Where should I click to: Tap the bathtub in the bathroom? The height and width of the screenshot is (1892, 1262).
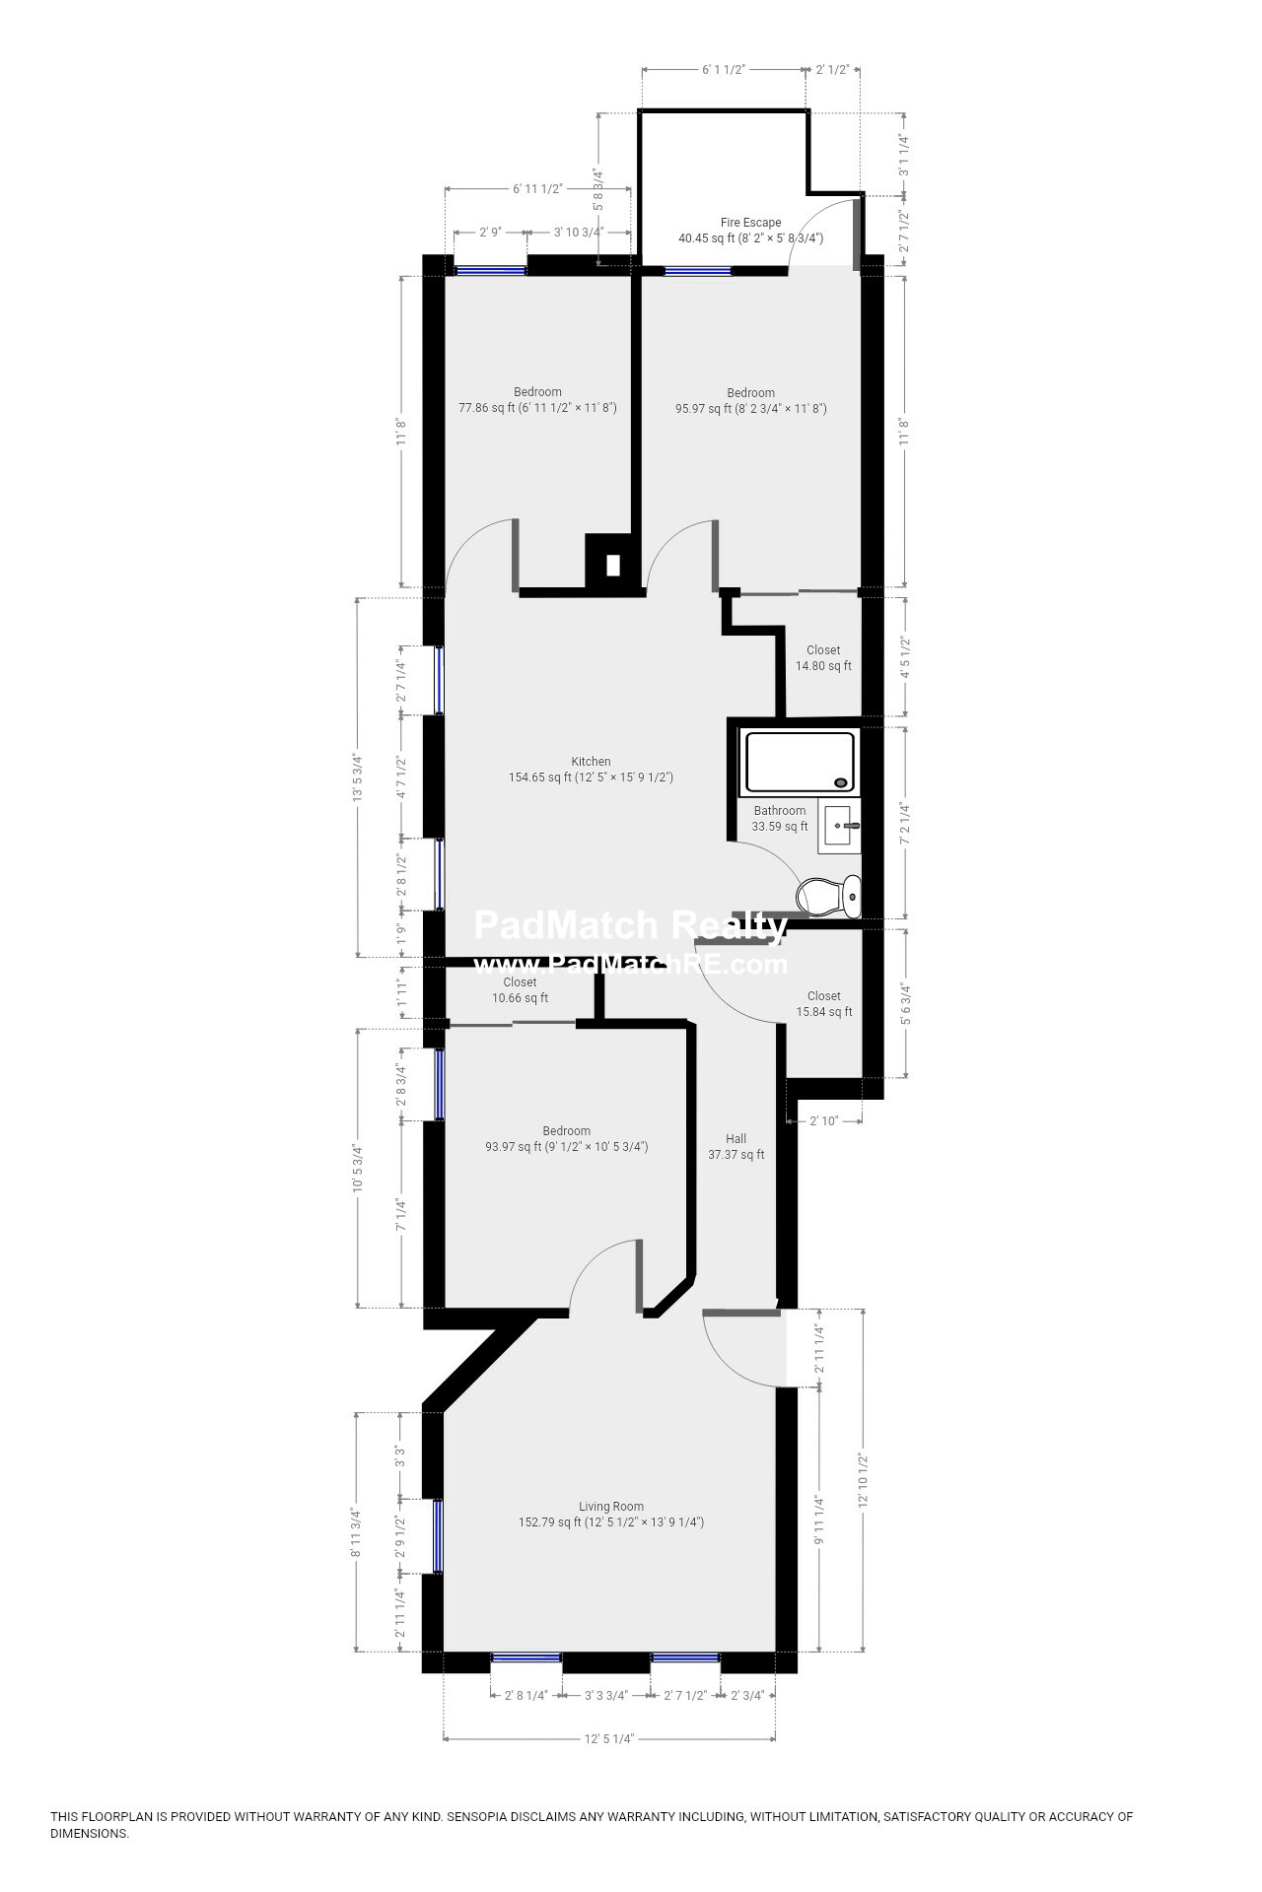tap(800, 762)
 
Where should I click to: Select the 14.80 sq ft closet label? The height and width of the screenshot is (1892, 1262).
tap(823, 658)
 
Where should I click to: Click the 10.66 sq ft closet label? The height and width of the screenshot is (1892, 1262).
tap(520, 990)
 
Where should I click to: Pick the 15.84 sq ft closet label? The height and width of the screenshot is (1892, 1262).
tap(824, 1004)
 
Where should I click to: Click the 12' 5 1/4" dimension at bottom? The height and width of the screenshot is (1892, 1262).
tap(608, 1767)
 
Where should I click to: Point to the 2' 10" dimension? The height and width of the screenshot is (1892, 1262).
tap(823, 1120)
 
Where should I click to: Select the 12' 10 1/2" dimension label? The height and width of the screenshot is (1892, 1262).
tap(864, 1482)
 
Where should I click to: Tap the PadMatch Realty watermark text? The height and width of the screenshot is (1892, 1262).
tap(630, 925)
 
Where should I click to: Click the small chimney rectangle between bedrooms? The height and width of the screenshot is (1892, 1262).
tap(612, 565)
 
